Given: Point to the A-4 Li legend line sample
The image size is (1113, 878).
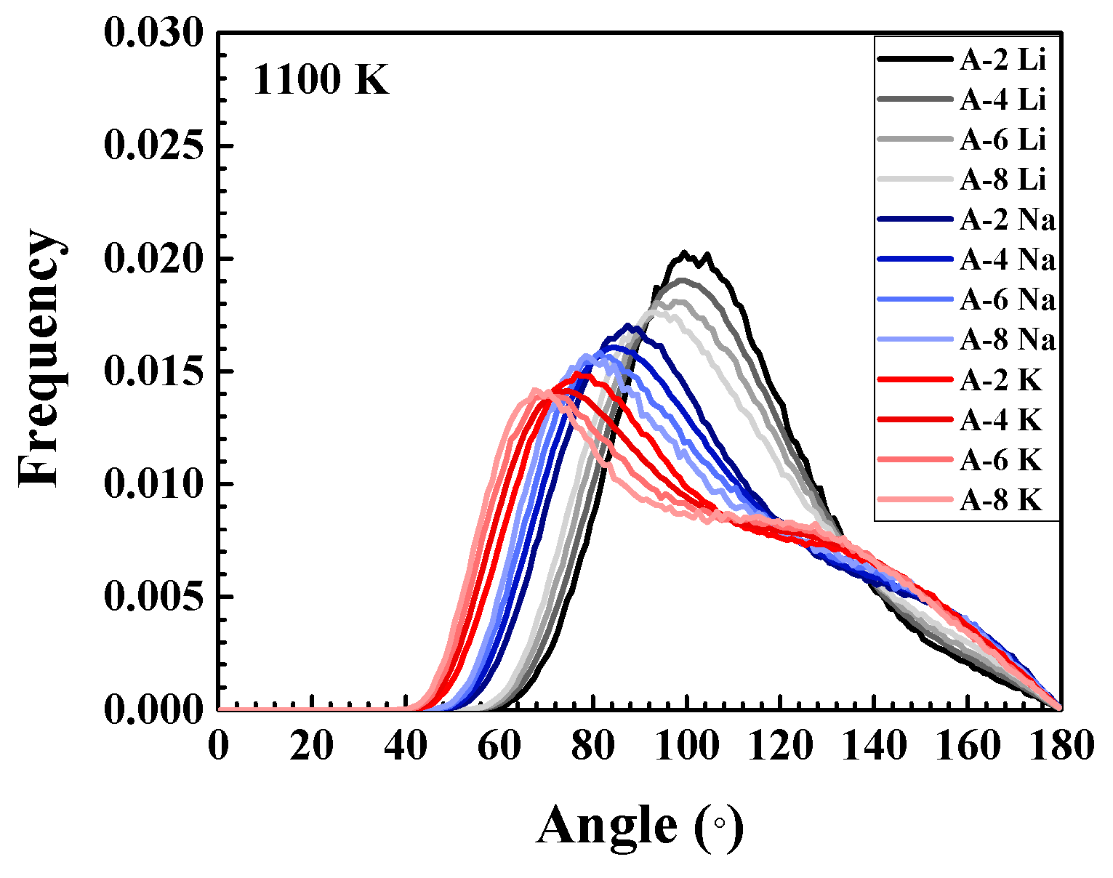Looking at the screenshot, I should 915,99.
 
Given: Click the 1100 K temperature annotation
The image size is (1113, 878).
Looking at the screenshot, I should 321,81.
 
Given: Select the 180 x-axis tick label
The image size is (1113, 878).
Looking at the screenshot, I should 1061,746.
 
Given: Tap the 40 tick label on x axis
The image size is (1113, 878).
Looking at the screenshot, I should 406,746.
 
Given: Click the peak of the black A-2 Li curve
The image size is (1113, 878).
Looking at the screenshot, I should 685,252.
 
